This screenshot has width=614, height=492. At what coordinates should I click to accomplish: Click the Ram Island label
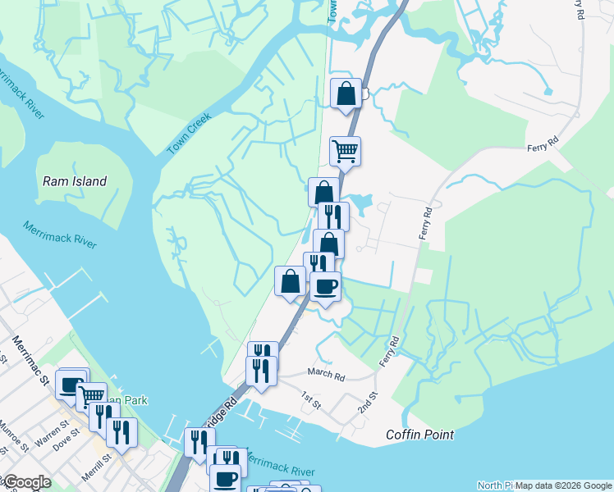75,181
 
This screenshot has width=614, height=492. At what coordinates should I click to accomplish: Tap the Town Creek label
189,133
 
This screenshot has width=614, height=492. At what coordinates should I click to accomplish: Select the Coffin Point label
419,435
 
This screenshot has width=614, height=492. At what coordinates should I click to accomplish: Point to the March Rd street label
326,374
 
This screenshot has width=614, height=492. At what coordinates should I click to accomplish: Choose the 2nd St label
366,402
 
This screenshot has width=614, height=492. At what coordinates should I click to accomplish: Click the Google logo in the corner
26,482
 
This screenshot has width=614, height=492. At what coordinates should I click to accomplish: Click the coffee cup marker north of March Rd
325,286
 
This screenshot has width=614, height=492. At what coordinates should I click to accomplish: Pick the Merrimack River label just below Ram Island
60,235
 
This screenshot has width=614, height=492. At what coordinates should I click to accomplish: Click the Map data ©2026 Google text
563,485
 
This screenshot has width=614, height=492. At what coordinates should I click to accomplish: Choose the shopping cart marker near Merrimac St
92,397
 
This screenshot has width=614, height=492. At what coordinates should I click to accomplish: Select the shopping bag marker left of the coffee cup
290,281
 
